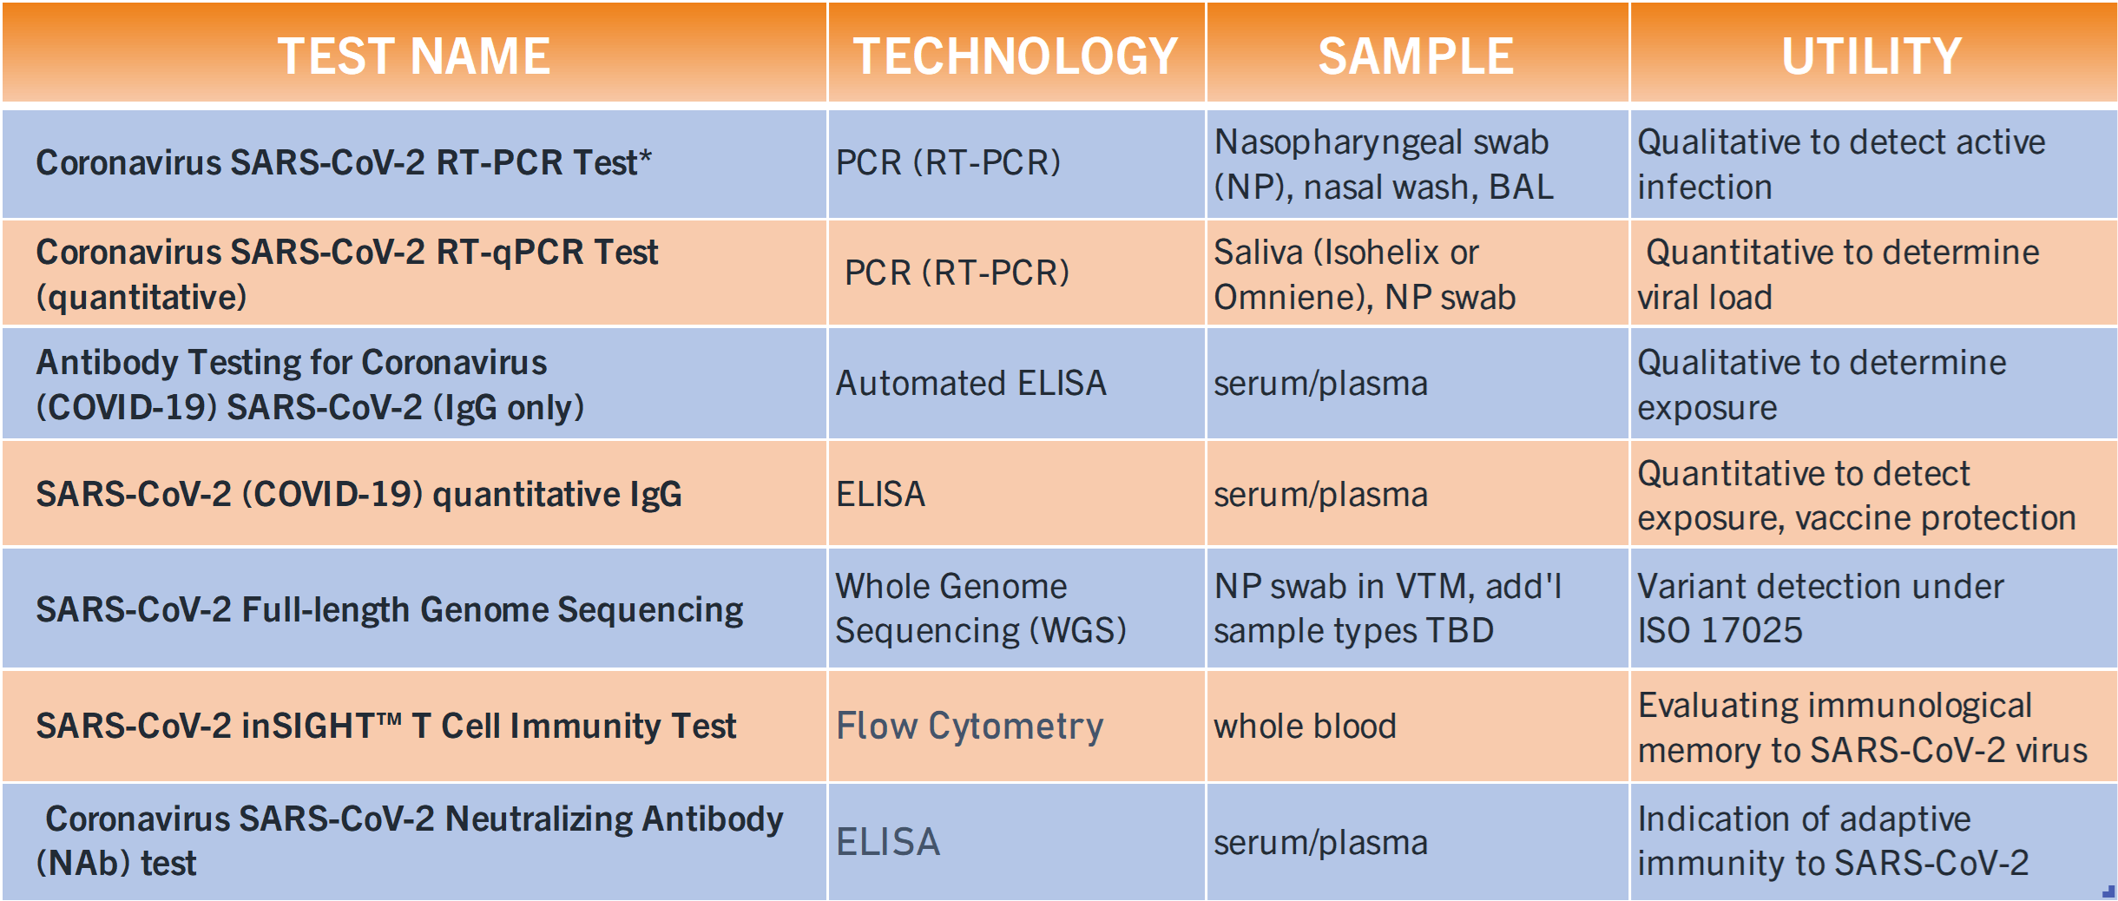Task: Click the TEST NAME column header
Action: coord(414,56)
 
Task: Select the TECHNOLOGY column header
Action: coord(1015,56)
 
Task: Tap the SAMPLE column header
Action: coord(1416,56)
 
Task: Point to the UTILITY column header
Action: coord(1871,56)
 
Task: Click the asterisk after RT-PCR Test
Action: coord(645,156)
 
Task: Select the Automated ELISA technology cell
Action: coord(970,383)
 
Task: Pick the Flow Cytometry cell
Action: coord(970,727)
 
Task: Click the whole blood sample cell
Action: coord(1305,726)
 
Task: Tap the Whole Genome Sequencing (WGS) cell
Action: coord(981,608)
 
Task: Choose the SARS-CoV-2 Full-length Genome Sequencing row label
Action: coord(389,609)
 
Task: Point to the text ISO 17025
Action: coord(1720,630)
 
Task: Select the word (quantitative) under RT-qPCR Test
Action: coord(141,297)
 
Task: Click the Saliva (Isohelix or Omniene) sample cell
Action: coord(1365,274)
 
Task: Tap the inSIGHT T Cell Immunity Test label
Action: coord(489,726)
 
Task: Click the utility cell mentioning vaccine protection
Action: coord(1857,496)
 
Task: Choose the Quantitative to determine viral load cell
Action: coord(1838,274)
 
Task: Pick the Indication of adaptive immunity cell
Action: coord(1833,840)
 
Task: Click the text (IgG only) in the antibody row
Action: coord(508,407)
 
